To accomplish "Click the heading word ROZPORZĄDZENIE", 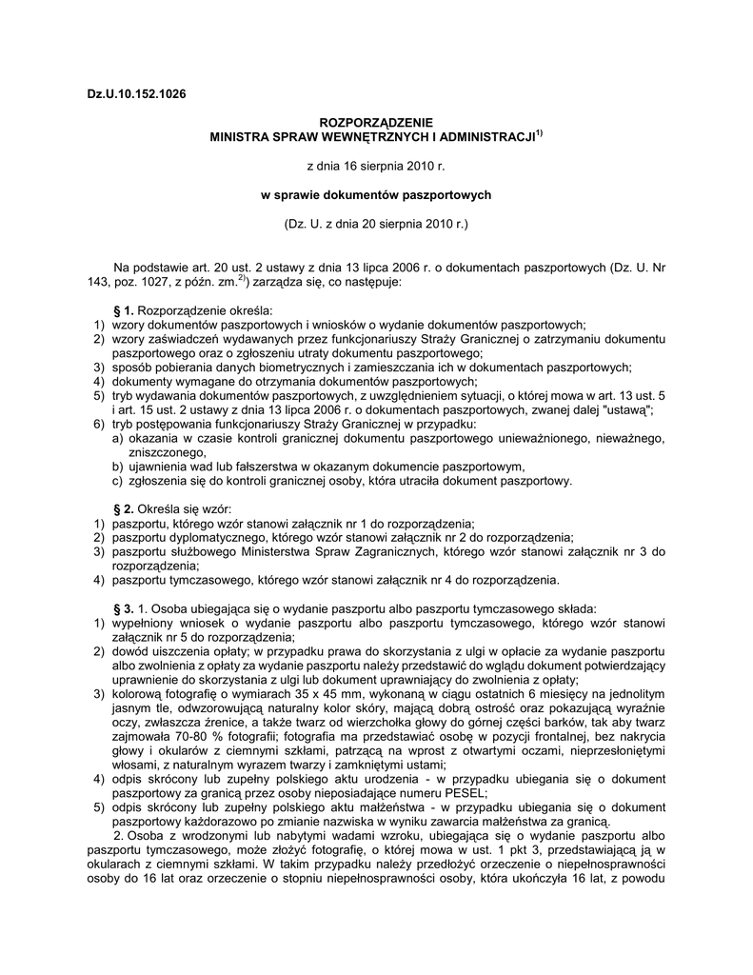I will [x=376, y=123].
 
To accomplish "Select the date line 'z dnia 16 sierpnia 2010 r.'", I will [x=375, y=166].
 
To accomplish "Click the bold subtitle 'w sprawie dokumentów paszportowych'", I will [x=376, y=195].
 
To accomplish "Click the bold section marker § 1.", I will [x=124, y=310].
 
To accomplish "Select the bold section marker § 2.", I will [x=124, y=509].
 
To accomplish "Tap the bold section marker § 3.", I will [x=124, y=608].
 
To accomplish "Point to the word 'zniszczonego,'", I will [x=160, y=453].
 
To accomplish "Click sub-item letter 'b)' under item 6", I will [x=118, y=467].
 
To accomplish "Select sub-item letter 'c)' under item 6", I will [x=118, y=481].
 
